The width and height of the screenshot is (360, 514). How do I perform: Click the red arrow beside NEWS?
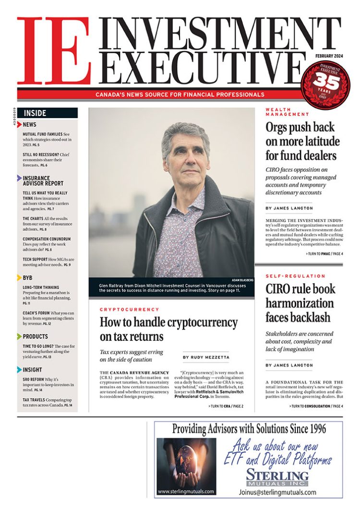tap(20, 125)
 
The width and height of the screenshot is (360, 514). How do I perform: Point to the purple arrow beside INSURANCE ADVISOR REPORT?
tap(20, 178)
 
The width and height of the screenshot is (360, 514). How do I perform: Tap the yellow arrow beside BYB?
tap(20, 277)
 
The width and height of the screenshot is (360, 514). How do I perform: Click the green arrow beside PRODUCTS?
tap(20, 336)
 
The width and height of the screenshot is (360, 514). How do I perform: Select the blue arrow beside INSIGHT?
tap(20, 370)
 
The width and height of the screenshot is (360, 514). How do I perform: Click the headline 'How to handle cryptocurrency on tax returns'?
tap(168, 329)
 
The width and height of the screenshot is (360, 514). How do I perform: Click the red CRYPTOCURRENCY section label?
tap(129, 310)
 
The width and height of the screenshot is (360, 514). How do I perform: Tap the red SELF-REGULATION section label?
tap(295, 276)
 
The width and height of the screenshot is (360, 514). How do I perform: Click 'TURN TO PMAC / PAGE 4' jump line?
tap(324, 253)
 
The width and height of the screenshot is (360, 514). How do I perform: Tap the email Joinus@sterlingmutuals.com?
tap(277, 492)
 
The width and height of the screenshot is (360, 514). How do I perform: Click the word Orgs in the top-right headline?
tap(281, 128)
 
